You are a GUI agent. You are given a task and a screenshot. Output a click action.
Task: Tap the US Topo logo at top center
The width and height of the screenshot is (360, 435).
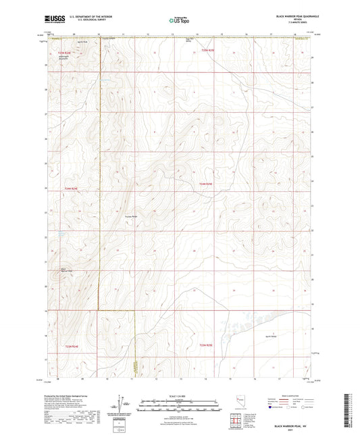[179, 21]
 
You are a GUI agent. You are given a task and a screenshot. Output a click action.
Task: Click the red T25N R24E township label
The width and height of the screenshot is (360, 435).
[64, 51]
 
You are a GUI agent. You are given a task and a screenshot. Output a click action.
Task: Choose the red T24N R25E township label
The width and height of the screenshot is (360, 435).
[206, 184]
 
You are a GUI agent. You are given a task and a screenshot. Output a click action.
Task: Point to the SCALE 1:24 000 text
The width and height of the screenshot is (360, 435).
[180, 396]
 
